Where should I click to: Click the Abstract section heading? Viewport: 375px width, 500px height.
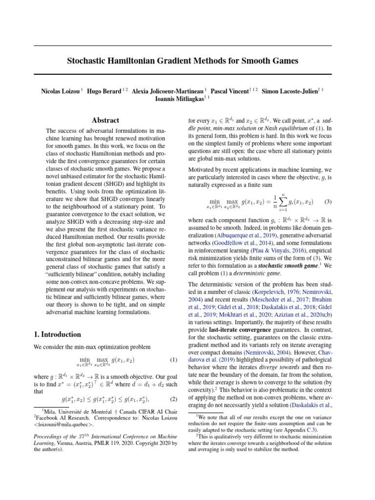105,120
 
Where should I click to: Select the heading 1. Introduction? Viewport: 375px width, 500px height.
58,334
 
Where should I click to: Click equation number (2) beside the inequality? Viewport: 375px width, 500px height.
173,399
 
